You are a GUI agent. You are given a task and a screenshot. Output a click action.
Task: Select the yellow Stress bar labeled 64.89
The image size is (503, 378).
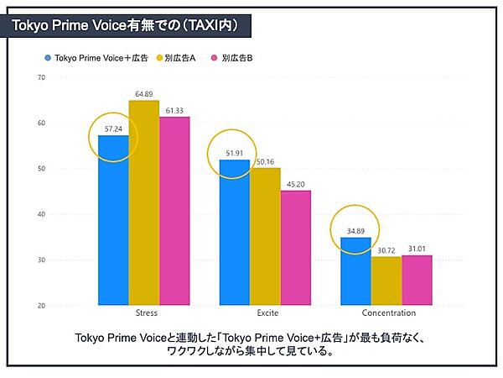click(144, 202)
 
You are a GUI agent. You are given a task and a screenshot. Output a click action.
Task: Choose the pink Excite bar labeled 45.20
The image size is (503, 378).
click(296, 248)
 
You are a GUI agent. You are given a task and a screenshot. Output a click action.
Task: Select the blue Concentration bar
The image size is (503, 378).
click(355, 271)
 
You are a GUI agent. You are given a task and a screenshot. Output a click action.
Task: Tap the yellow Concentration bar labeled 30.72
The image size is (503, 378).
click(386, 281)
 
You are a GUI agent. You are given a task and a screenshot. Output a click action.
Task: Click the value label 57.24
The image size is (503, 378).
click(113, 129)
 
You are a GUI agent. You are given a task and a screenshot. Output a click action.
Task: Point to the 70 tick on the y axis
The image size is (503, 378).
click(41, 78)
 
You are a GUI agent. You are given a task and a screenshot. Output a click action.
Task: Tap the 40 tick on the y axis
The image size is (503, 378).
click(41, 214)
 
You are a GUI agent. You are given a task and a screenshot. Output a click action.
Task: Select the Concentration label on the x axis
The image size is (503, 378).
click(388, 313)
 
